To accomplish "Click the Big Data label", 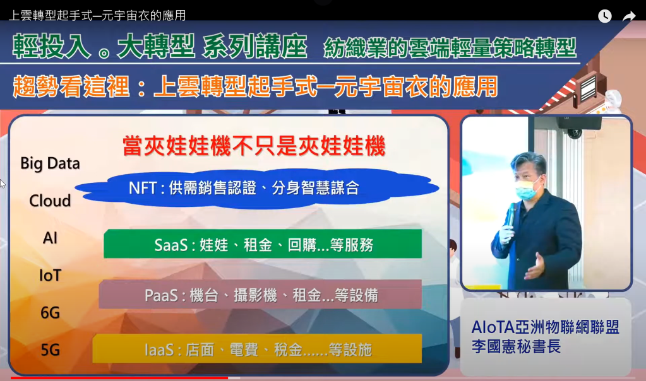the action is tap(50, 163).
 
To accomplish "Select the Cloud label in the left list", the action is tap(50, 201).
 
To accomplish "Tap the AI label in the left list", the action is tap(50, 238).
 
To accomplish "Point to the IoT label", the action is tap(50, 275).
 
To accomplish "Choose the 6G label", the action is tap(50, 313).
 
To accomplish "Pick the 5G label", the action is tap(50, 349).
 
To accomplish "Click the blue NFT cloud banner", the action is tap(256, 189).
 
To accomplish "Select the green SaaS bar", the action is tap(263, 244).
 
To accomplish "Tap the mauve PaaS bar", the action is tap(260, 295).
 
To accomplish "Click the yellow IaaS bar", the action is tap(257, 349).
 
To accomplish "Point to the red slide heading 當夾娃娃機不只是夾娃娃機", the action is tap(254, 146).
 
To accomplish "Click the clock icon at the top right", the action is tap(604, 16).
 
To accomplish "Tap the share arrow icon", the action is tap(629, 16).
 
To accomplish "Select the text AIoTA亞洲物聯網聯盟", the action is tap(546, 327).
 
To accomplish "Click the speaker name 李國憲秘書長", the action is tap(516, 346).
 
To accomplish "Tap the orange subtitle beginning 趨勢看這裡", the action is tap(256, 86).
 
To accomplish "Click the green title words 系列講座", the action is tap(254, 46).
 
